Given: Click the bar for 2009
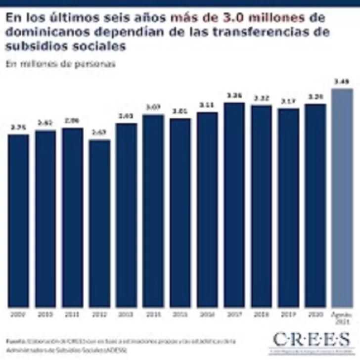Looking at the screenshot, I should pos(18,221).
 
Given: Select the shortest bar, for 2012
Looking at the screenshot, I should pos(99,223).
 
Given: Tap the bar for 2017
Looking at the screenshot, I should pos(234,205).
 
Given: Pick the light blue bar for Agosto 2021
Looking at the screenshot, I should pos(342,198).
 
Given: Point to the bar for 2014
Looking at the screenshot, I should pos(153,211).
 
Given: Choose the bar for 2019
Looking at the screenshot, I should pos(288,208).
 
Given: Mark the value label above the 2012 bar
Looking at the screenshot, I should pos(99,132).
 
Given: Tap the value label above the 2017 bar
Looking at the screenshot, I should pos(234,95).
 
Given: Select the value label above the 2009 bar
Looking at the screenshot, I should pos(18,127).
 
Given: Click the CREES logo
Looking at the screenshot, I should pos(312,340).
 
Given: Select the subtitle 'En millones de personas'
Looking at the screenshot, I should pos(61,64).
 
